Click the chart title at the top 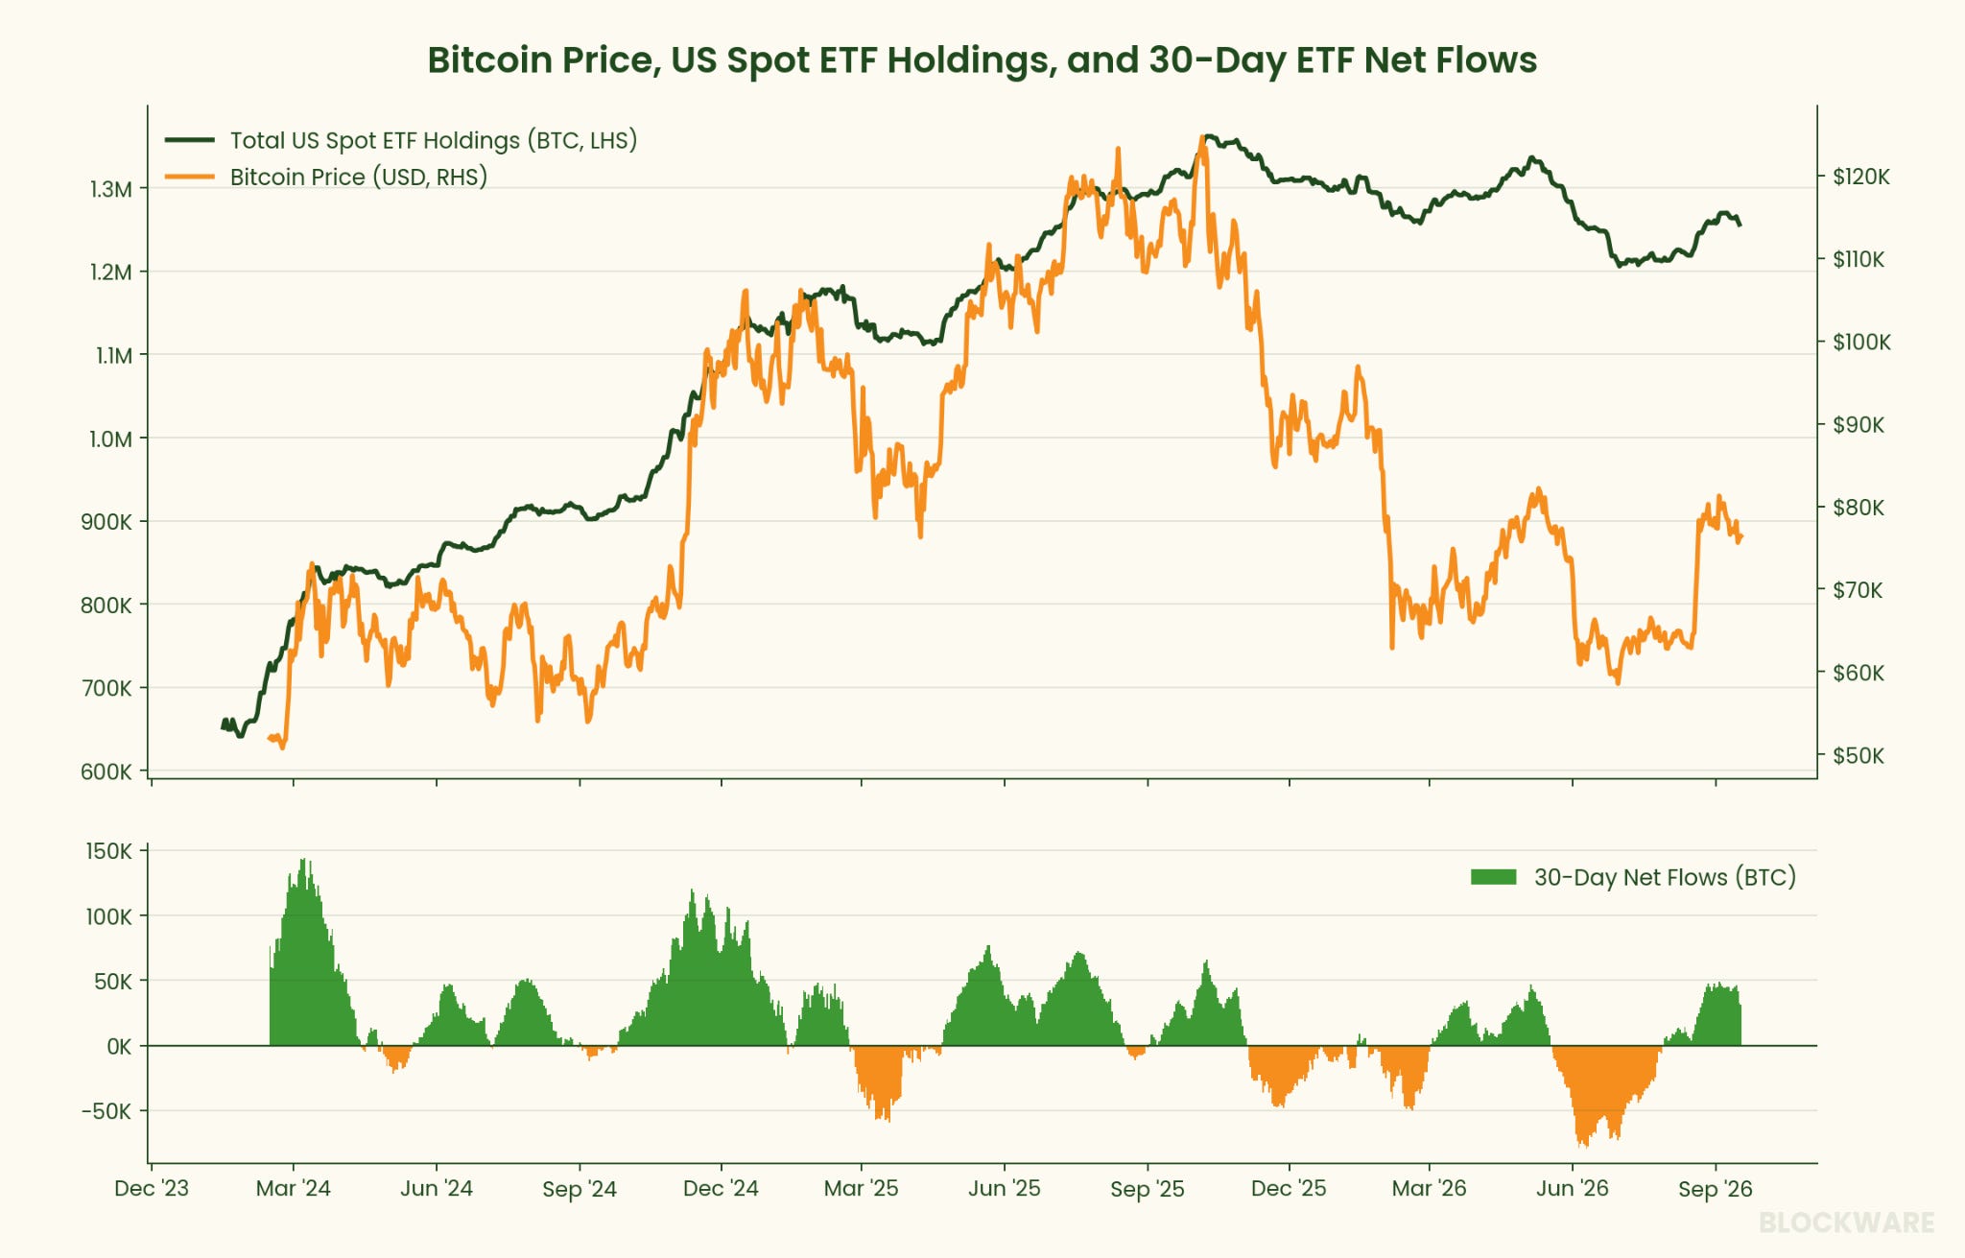click(x=982, y=59)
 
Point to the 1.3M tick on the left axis click(x=111, y=189)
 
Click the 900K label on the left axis click(x=107, y=522)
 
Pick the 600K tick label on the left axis click(x=107, y=771)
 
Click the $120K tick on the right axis click(x=1860, y=177)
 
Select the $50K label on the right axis click(x=1858, y=756)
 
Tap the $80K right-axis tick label click(x=1858, y=508)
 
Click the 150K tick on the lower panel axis click(x=109, y=851)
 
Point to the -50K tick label click(x=107, y=1111)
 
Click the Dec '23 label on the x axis click(x=152, y=1189)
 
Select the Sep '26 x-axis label click(x=1716, y=1189)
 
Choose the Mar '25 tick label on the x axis click(x=862, y=1189)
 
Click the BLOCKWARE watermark click(x=1847, y=1222)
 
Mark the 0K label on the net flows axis click(x=119, y=1047)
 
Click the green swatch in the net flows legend click(x=1494, y=877)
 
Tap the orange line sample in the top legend click(x=189, y=177)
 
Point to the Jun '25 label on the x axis click(x=1005, y=1189)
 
